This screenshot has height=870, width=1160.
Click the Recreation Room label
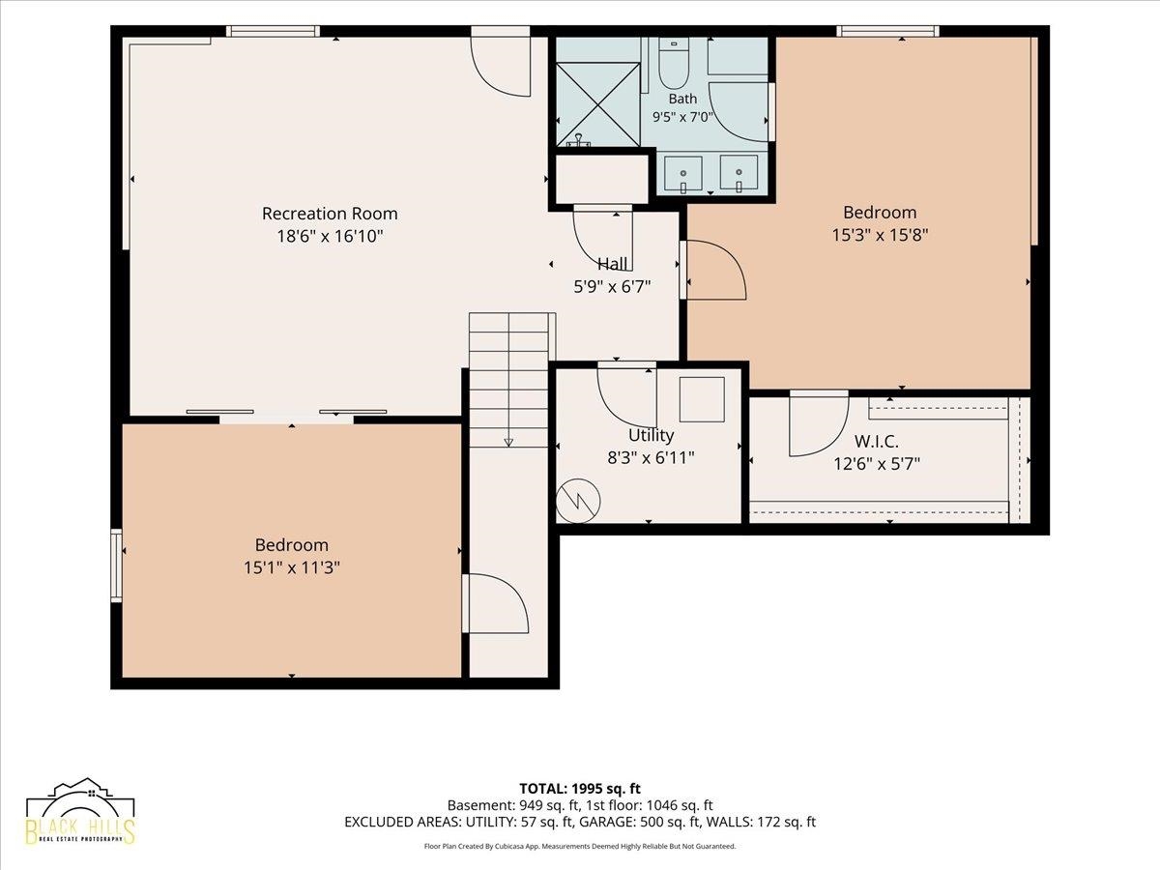point(330,214)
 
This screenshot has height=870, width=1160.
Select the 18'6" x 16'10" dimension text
point(330,236)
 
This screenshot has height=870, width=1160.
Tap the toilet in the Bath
point(674,64)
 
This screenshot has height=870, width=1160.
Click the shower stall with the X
point(597,104)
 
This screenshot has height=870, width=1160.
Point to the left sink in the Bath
point(682,174)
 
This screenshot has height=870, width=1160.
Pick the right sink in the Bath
point(739,173)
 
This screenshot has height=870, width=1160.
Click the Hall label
point(613,264)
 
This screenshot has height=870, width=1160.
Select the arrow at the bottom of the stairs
point(508,442)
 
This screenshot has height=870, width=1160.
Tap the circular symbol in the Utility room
point(578,501)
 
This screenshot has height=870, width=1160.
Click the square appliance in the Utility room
point(702,399)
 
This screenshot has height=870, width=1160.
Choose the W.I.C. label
point(877,442)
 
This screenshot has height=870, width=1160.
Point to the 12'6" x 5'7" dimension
point(877,464)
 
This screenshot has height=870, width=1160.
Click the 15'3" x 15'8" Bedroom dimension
point(880,235)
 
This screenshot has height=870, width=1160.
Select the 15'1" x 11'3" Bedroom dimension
point(291,567)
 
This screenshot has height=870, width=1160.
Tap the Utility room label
point(652,435)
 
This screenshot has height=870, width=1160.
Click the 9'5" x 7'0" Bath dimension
point(682,117)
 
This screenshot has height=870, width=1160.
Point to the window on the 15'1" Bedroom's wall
point(116,565)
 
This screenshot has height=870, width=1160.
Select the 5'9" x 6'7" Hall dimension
point(612,286)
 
